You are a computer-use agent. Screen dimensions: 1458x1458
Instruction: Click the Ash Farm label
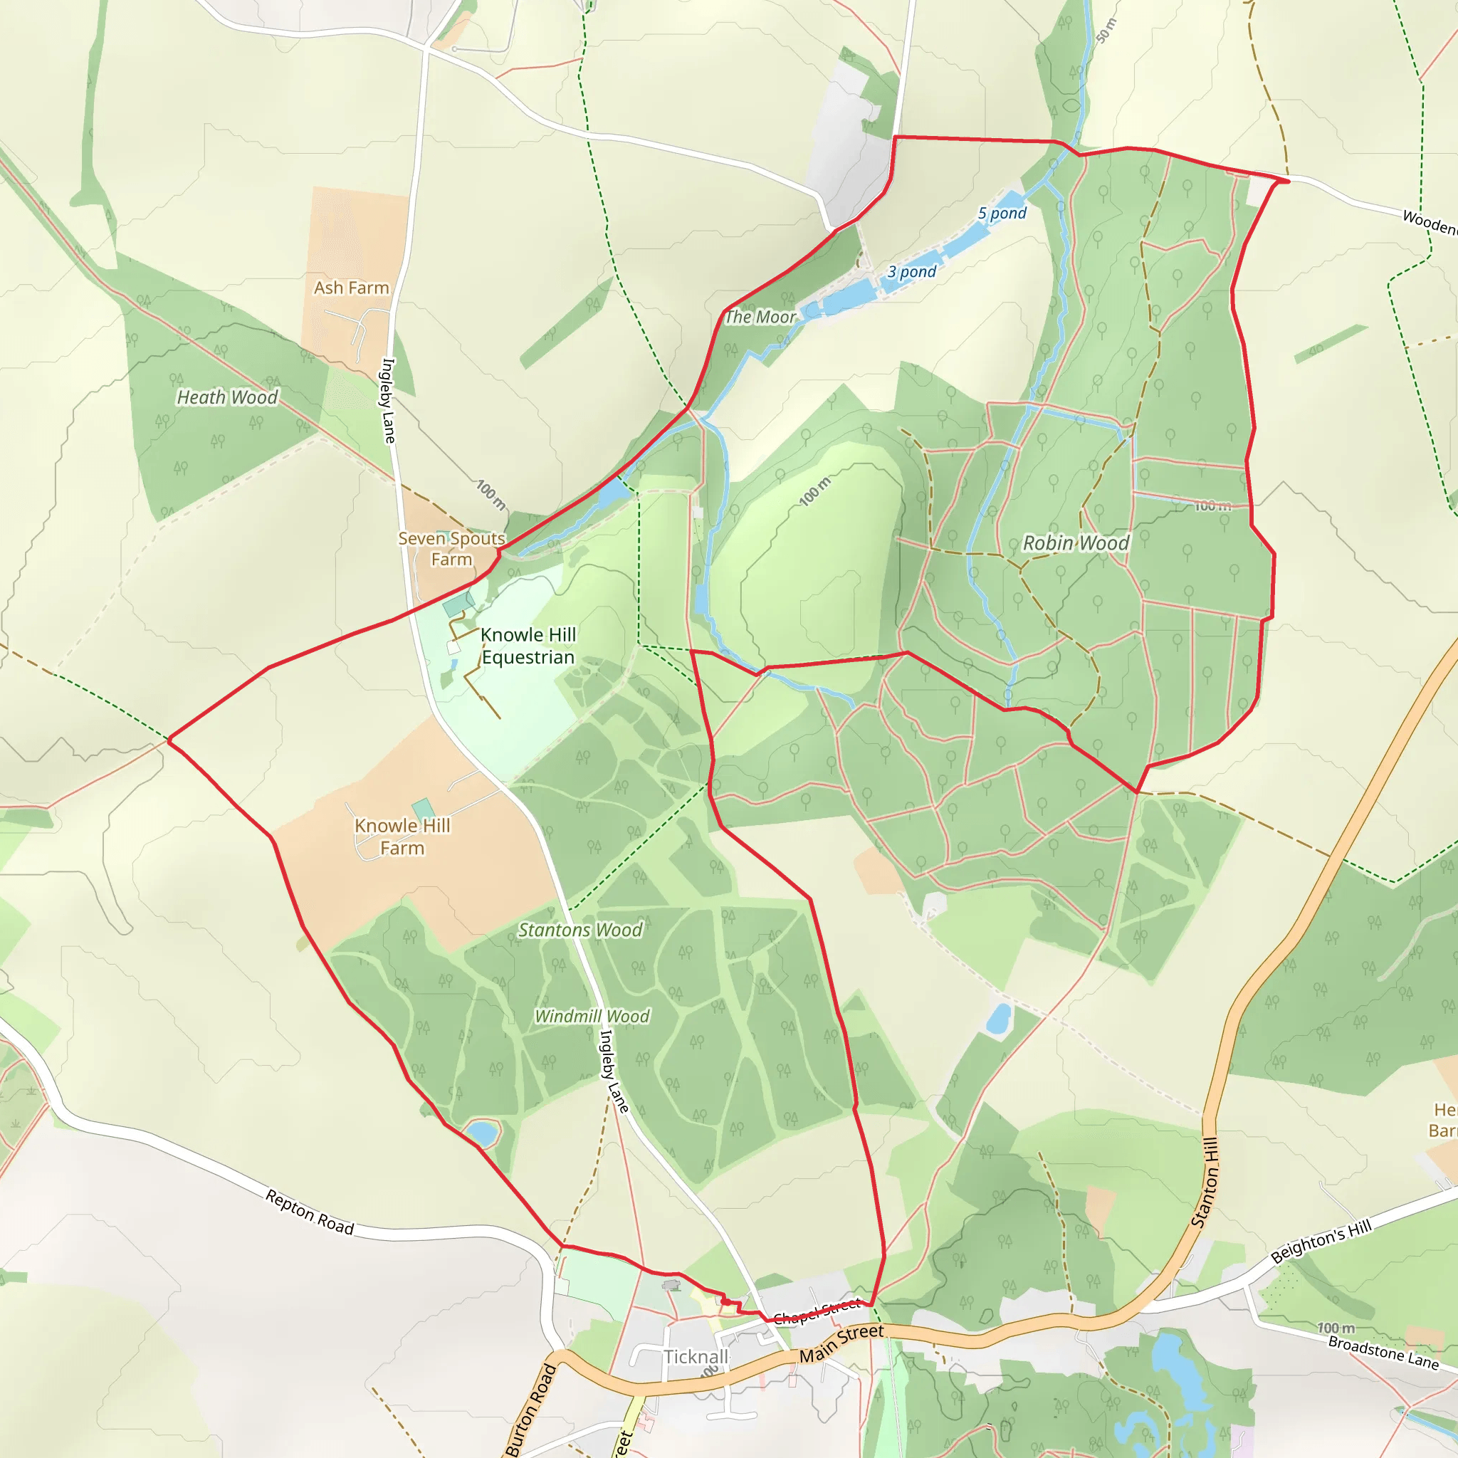352,288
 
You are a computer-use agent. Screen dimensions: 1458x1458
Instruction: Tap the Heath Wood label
227,397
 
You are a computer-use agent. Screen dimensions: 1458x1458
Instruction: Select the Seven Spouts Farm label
451,549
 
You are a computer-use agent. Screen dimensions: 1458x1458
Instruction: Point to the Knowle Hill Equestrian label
528,646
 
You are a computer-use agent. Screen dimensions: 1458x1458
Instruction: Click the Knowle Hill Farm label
402,837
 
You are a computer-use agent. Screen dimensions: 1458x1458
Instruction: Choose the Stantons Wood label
579,930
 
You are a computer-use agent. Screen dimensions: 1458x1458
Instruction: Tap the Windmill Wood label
592,1017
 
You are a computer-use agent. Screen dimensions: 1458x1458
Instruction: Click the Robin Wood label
1076,542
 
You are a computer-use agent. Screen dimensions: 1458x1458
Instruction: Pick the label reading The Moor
760,317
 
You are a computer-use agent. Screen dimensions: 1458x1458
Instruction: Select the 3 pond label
912,272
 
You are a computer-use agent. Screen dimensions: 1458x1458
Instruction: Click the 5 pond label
1002,214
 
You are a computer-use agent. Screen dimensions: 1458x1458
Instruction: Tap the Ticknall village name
696,1357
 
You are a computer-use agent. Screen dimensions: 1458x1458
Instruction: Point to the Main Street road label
841,1343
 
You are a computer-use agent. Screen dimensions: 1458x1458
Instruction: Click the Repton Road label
310,1212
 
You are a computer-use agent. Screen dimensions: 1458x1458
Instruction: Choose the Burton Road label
531,1410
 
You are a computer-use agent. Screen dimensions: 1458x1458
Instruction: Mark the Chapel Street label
817,1311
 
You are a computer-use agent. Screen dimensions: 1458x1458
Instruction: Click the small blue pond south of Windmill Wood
481,1133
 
